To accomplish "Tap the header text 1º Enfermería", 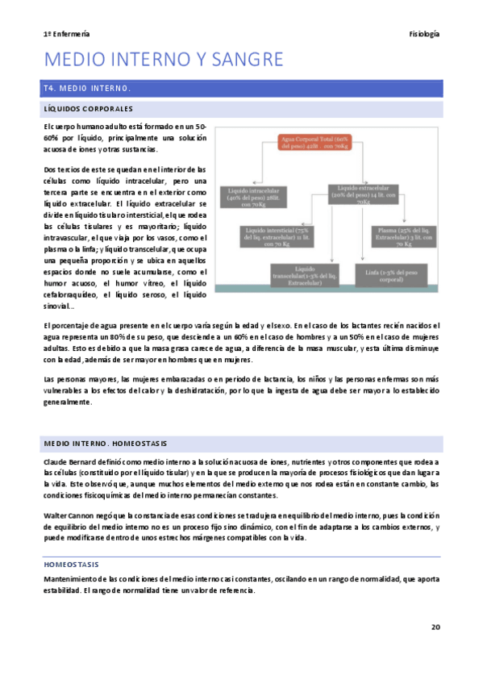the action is (x=66, y=34).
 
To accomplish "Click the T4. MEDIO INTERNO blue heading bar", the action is (x=241, y=87).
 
